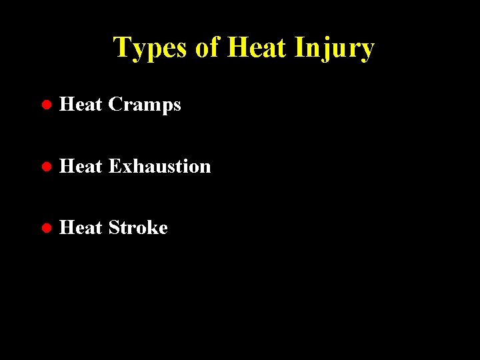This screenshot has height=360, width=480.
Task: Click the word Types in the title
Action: click(x=151, y=48)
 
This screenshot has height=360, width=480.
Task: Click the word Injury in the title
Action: click(x=335, y=48)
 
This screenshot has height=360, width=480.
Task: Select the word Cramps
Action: click(x=144, y=105)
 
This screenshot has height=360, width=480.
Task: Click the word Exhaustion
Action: click(x=159, y=166)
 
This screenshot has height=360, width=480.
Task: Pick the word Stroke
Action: click(x=137, y=227)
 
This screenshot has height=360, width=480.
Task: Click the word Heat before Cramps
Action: click(x=80, y=105)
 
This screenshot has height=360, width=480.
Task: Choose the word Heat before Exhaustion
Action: click(x=80, y=166)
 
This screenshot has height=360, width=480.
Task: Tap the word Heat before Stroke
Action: click(x=80, y=227)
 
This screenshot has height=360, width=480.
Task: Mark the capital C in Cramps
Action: click(x=115, y=105)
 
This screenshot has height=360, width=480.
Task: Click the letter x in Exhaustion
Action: click(x=125, y=167)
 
